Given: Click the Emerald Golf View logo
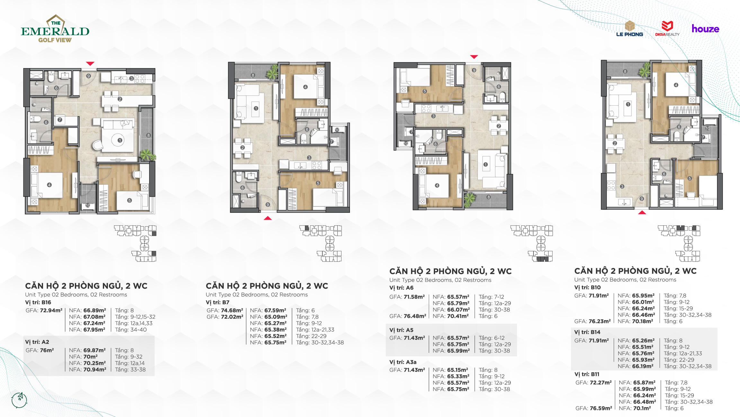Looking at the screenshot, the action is click(55, 29).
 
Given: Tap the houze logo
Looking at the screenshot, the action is click(705, 29).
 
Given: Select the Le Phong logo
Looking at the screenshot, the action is click(629, 29).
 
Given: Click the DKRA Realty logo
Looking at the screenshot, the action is click(667, 29).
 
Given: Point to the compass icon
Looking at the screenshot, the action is click(19, 400).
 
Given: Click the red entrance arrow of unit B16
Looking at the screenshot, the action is click(90, 64).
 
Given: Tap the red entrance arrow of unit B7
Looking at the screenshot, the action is click(268, 218).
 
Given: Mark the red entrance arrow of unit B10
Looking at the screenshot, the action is click(642, 212).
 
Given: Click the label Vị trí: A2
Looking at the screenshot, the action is click(37, 342).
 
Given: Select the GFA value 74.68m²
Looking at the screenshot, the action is click(232, 310).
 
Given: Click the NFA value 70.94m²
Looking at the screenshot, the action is click(95, 369).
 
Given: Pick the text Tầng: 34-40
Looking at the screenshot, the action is click(131, 330).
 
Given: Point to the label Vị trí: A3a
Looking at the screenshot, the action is click(403, 362).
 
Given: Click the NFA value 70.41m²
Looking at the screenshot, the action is click(458, 316).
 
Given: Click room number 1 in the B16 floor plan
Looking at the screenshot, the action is click(120, 140).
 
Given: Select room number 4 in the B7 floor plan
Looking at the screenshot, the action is click(305, 87).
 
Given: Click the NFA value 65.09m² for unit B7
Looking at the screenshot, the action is click(276, 317).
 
